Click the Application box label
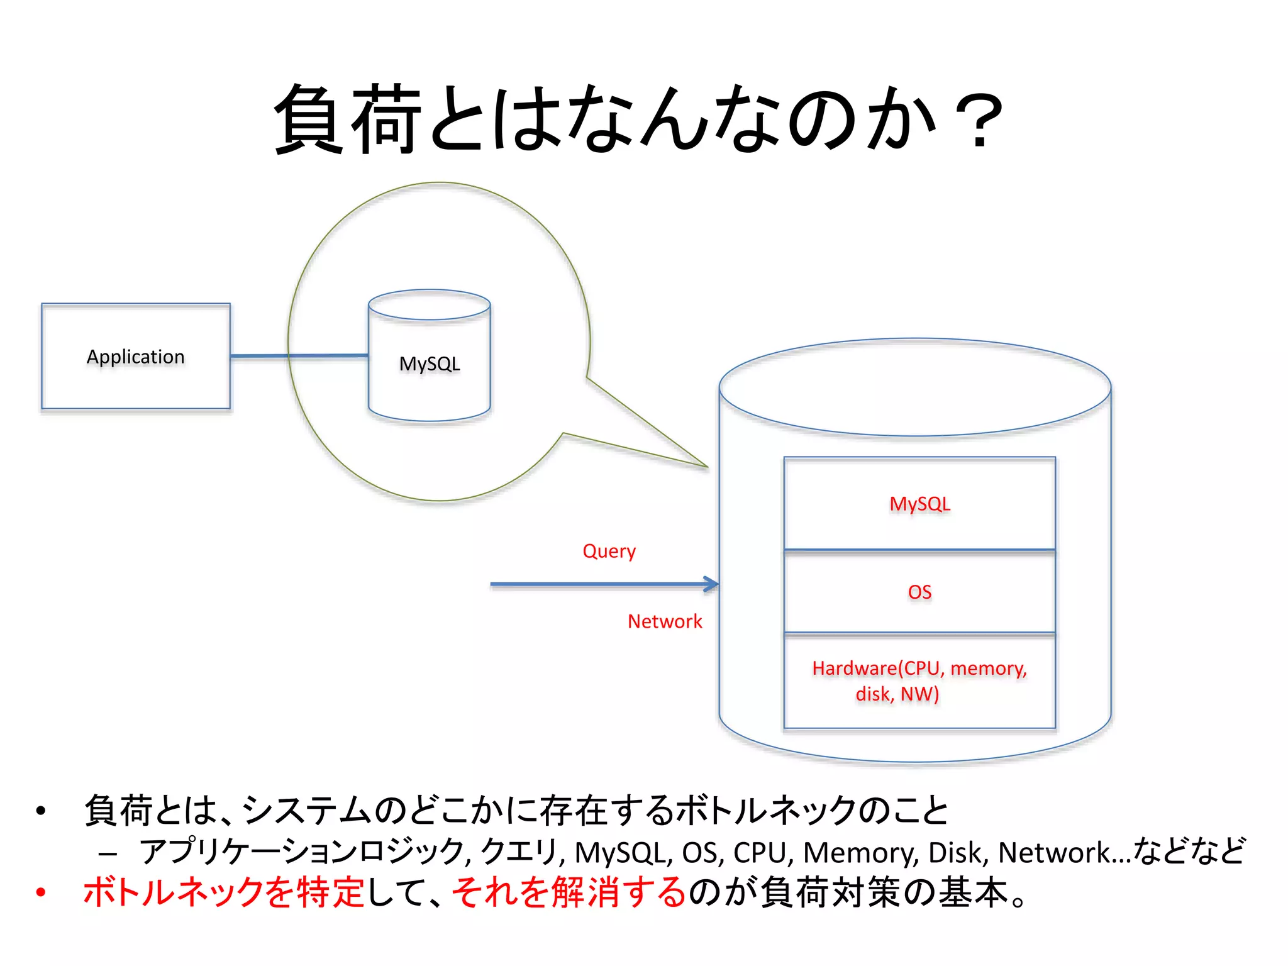[x=136, y=357]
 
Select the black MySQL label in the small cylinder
[x=430, y=364]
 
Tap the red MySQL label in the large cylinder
[x=919, y=504]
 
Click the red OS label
[x=919, y=592]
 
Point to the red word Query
[x=609, y=552]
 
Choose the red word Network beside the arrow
[x=665, y=621]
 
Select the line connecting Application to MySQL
[x=299, y=356]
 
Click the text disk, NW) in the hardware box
[x=897, y=694]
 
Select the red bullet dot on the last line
[x=41, y=892]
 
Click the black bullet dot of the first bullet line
[x=41, y=811]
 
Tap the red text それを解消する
[x=569, y=892]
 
